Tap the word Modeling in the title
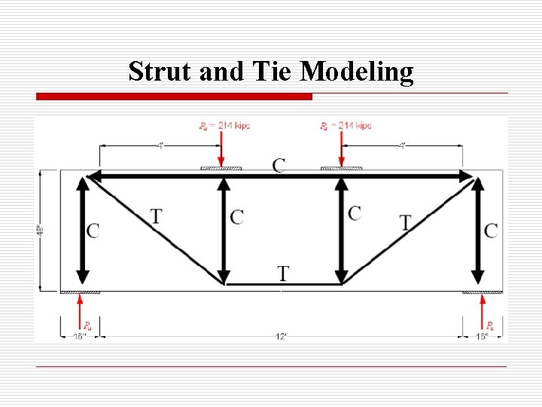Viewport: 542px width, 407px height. (x=357, y=72)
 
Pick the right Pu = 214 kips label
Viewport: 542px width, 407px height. (x=345, y=125)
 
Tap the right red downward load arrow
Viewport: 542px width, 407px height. (x=342, y=149)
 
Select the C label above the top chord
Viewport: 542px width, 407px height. (x=279, y=165)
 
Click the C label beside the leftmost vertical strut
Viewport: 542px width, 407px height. (x=93, y=231)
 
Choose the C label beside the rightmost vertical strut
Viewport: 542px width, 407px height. (x=491, y=231)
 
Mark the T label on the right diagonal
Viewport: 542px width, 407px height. (x=406, y=222)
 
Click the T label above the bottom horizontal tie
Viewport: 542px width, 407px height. (x=282, y=273)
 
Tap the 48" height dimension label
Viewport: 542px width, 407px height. (x=41, y=230)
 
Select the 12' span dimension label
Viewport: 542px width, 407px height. (x=281, y=336)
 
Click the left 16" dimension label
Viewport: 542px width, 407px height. (x=80, y=336)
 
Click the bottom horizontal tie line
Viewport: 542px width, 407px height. (x=282, y=284)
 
